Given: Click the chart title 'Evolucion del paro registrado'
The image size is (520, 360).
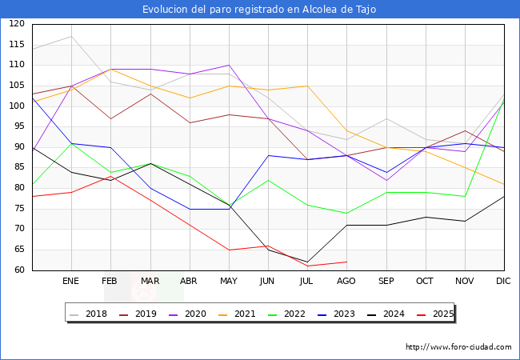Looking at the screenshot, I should tap(259, 10).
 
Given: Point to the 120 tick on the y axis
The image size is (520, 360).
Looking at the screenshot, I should tap(17, 25).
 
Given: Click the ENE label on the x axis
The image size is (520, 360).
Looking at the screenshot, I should tap(71, 282).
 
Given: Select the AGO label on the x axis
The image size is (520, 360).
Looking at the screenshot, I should tap(346, 282).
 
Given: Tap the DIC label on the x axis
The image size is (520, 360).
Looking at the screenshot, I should tap(503, 282).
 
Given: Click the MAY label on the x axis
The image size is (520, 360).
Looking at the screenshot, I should tap(229, 282).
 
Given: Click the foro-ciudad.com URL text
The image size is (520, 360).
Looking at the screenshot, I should tap(458, 347).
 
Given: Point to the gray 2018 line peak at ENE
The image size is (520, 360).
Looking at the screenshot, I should tap(71, 36).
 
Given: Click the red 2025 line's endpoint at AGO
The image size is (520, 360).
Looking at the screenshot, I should tap(346, 262).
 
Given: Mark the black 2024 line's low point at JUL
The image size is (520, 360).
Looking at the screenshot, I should tap(307, 262).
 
